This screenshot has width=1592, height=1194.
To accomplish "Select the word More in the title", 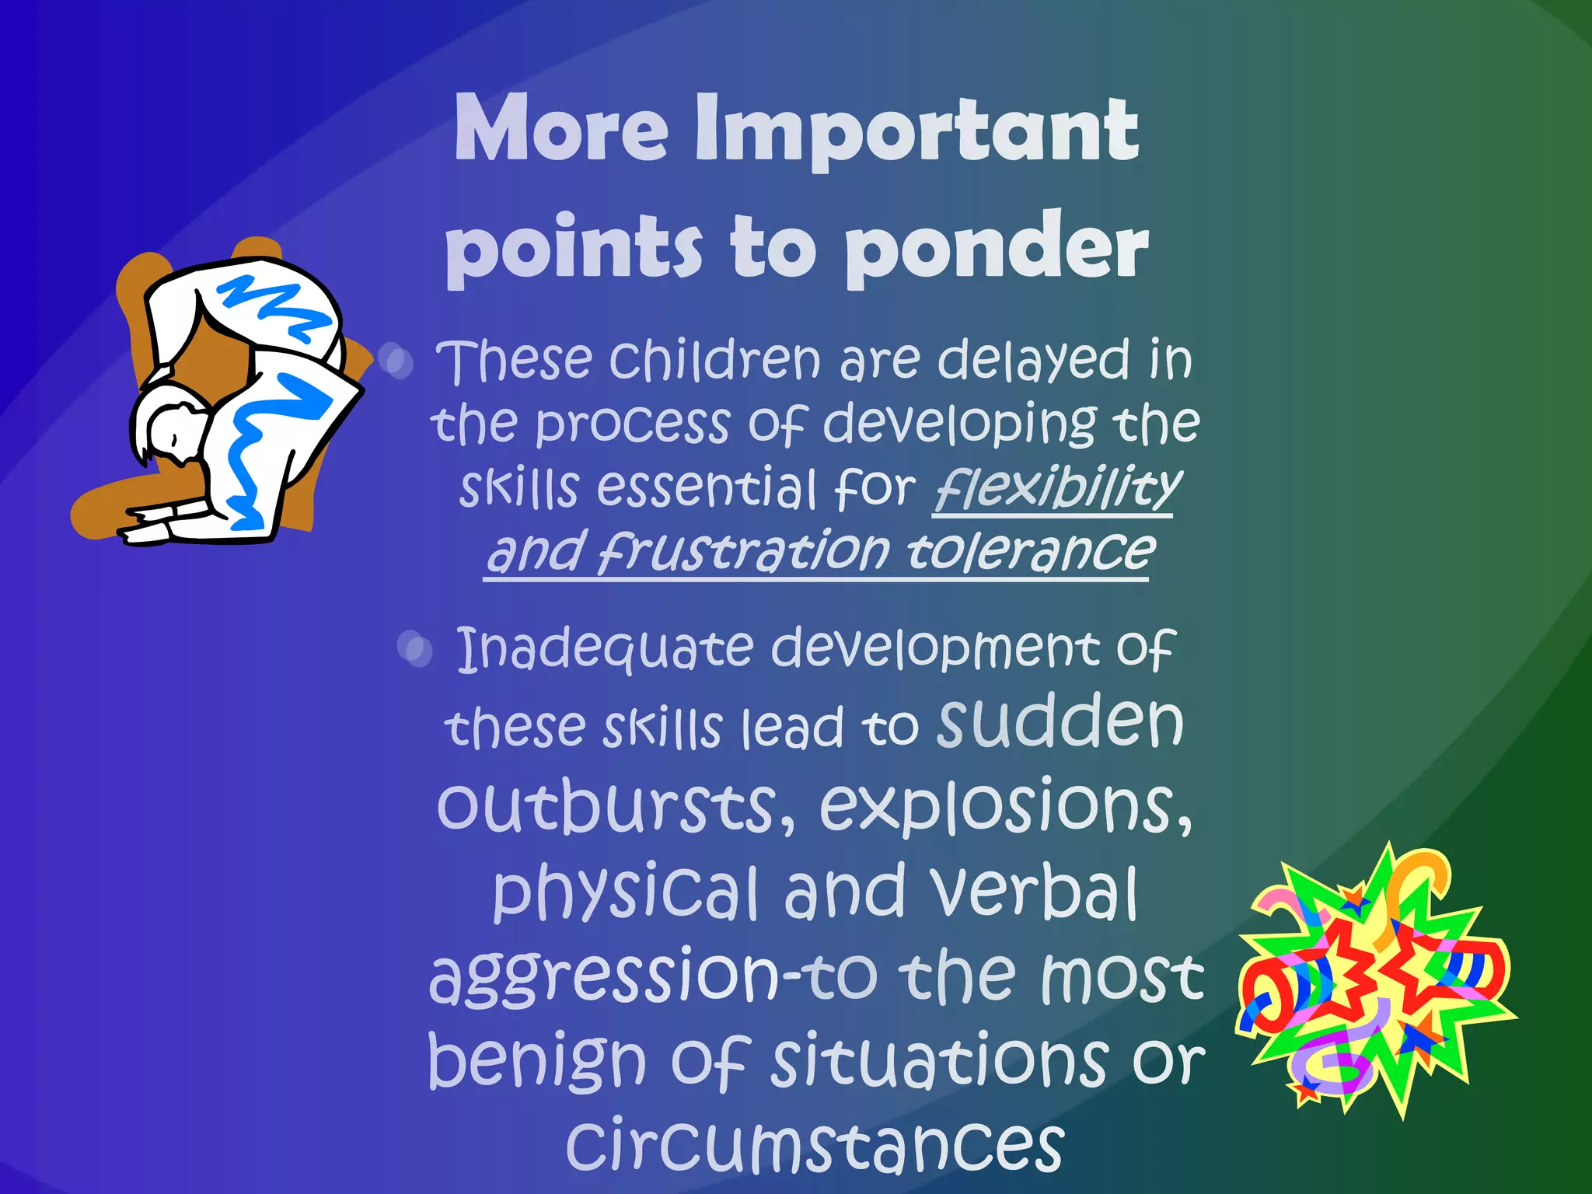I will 561,128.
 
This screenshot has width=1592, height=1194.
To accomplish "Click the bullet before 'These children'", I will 398,361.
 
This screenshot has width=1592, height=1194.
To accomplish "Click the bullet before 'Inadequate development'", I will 415,648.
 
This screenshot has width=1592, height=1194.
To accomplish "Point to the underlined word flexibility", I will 1057,487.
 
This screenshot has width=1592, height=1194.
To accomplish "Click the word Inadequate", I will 605,648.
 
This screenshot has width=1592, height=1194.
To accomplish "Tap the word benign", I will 536,1062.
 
